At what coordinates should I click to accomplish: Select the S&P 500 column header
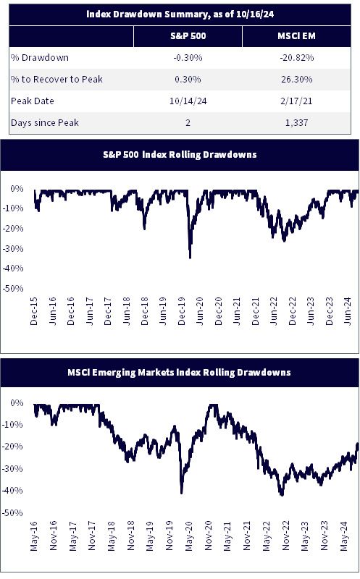coord(188,35)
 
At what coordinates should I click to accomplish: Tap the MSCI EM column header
coord(296,35)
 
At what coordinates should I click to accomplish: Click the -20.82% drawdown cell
coord(296,58)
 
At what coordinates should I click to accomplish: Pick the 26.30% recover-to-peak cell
coord(296,79)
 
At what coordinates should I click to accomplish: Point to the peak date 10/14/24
coord(188,101)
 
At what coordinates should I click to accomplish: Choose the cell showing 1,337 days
coord(296,122)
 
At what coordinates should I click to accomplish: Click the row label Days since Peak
coord(45,122)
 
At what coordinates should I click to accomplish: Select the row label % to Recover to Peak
coord(56,79)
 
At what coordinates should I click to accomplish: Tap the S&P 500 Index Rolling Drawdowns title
coord(180,154)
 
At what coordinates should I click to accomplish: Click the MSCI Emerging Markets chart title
coord(179,372)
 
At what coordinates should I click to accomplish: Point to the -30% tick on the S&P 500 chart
coord(13,248)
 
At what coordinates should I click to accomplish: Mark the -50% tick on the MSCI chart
coord(13,512)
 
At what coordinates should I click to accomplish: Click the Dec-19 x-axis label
coord(181,311)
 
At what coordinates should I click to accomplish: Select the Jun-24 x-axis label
coord(348,311)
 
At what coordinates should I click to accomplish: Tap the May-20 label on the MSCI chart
coord(188,536)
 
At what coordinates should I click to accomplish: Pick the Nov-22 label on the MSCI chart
coord(285,536)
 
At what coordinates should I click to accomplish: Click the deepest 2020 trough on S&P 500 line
coord(190,258)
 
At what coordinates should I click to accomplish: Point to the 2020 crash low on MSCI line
coord(182,492)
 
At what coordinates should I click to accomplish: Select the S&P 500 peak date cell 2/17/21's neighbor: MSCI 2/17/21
coord(296,101)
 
